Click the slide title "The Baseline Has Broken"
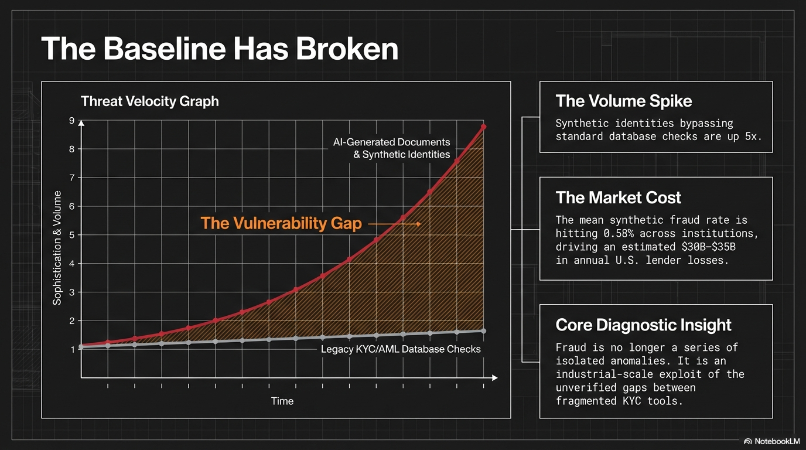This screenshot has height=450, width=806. coord(220,49)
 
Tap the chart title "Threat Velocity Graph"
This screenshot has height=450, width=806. coord(149,101)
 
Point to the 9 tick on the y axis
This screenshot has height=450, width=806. coord(71,121)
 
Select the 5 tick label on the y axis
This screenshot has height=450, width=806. coord(71,235)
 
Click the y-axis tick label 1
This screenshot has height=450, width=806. coord(72,350)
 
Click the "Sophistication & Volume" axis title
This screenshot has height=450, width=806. coord(57,247)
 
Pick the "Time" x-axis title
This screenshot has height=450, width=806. coord(282,401)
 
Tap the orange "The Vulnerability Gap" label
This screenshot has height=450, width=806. coord(281,223)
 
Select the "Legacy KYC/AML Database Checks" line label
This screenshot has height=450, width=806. coord(401,349)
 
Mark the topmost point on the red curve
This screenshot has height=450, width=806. coord(483,127)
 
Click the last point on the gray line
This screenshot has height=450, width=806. coord(483,331)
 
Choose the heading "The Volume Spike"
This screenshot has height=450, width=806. coord(623,101)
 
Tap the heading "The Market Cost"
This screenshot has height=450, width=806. coord(618,197)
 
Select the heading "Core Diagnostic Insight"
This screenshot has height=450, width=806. coord(643,325)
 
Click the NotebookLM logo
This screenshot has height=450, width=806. coord(771,441)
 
